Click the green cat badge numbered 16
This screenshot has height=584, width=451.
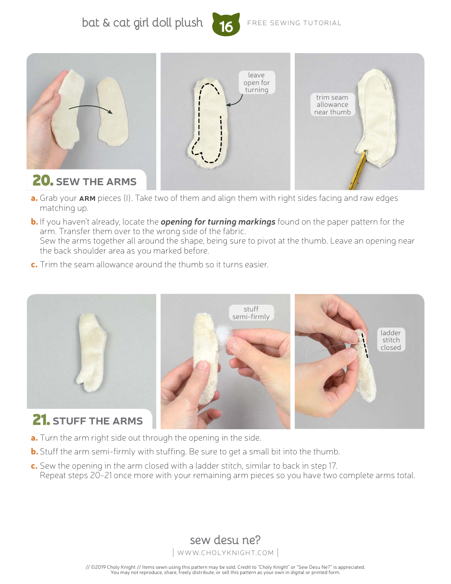[x=226, y=25]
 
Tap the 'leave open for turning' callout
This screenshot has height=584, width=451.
[x=257, y=82]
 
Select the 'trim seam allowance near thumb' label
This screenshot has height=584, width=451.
[x=332, y=104]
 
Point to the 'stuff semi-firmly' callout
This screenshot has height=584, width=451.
[x=251, y=312]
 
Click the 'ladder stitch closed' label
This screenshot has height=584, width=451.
[x=391, y=339]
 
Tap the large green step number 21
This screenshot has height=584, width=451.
[x=41, y=420]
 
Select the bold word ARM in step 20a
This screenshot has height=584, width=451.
[x=87, y=198]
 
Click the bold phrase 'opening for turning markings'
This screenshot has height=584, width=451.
[x=218, y=222]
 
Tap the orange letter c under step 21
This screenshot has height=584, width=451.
[x=34, y=466]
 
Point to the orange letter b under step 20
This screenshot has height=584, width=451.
[x=34, y=221]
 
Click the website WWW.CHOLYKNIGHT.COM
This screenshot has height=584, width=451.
[x=225, y=553]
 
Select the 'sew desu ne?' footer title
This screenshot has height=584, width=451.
[x=225, y=540]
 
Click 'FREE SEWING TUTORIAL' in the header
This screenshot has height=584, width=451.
[x=294, y=23]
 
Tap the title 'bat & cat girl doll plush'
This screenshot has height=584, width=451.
[x=142, y=23]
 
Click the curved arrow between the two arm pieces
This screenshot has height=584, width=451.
[x=91, y=108]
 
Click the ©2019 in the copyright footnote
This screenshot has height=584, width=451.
[x=98, y=567]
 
